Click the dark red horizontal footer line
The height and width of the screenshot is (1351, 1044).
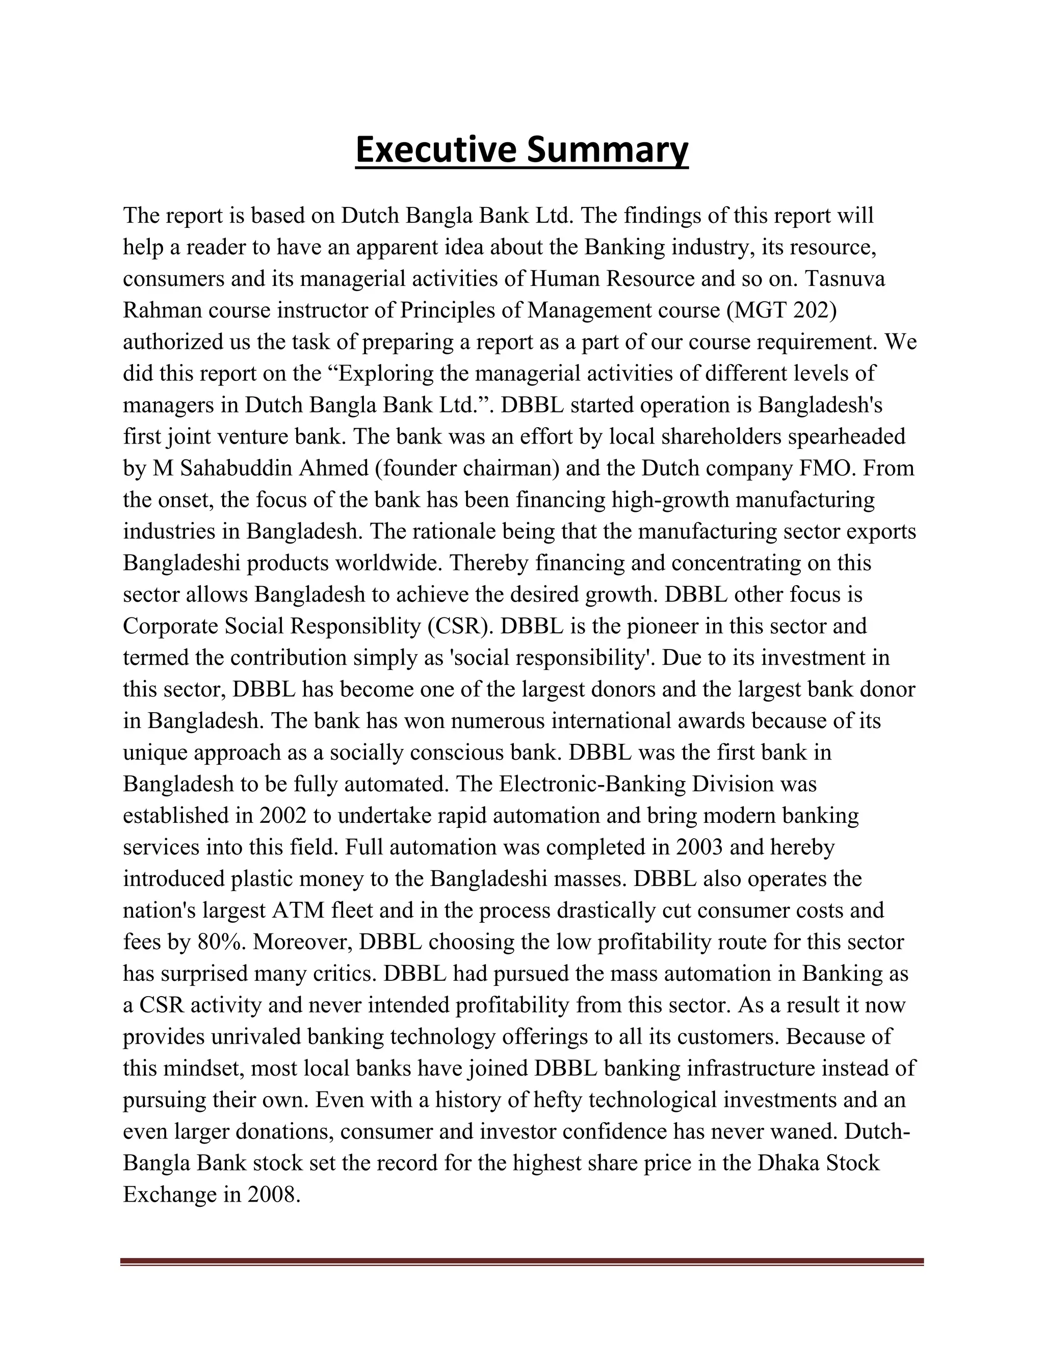coord(521,1261)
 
